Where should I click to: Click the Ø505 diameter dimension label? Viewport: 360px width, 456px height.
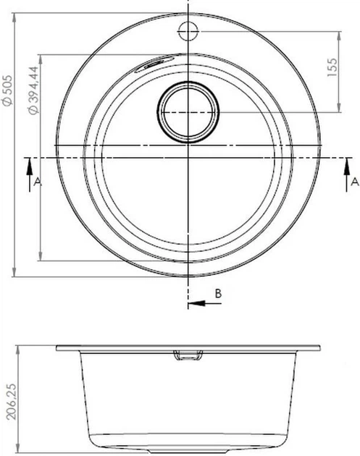click(x=7, y=90)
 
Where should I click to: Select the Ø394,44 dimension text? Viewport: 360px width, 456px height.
click(x=33, y=90)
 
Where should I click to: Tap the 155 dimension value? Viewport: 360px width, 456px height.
click(x=332, y=67)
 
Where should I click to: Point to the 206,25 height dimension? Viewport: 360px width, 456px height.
click(x=12, y=401)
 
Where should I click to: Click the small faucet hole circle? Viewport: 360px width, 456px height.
click(x=188, y=31)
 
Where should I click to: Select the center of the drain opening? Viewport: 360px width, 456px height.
click(x=188, y=112)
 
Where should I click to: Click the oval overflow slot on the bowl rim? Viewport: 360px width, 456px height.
click(x=154, y=63)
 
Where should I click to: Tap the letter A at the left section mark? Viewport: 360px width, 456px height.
click(x=38, y=182)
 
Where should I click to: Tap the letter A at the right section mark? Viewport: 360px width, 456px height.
click(x=355, y=182)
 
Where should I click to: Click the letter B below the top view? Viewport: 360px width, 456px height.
click(x=218, y=293)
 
